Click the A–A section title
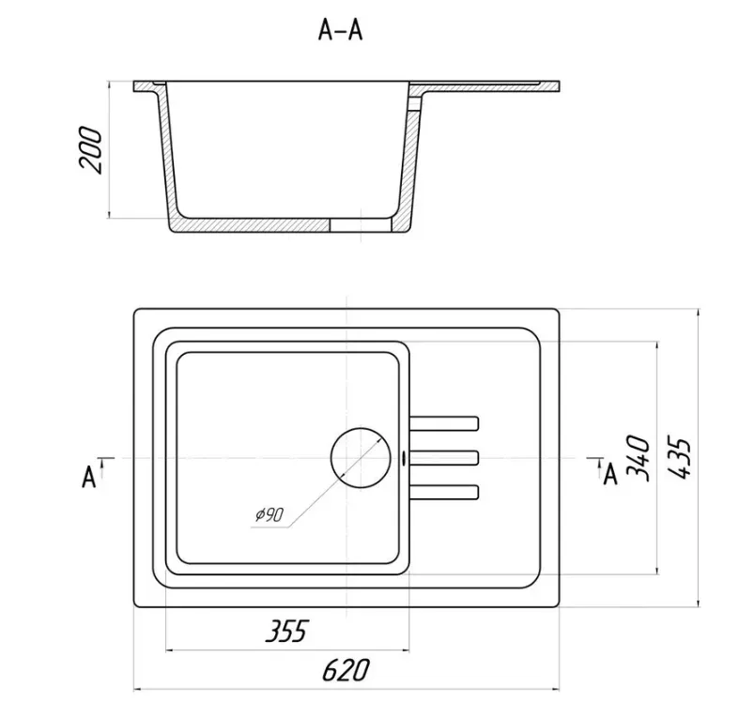pyautogui.click(x=340, y=31)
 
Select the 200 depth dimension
pyautogui.click(x=90, y=149)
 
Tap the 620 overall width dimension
pyautogui.click(x=346, y=669)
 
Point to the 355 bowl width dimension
pyautogui.click(x=286, y=631)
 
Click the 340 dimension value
pyautogui.click(x=639, y=457)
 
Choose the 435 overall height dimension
pyautogui.click(x=680, y=457)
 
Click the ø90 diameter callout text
pyautogui.click(x=269, y=515)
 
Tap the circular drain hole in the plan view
pyautogui.click(x=361, y=457)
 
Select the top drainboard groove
pyautogui.click(x=444, y=423)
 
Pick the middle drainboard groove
pyautogui.click(x=444, y=457)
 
